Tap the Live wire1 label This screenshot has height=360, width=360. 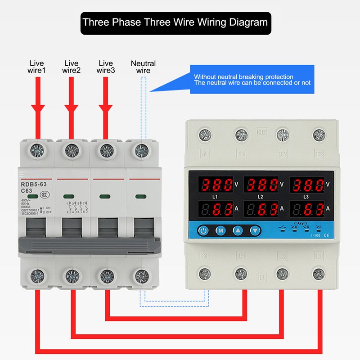click(x=37, y=67)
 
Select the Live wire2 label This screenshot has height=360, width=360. click(x=72, y=67)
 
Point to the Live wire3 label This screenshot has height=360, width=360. click(x=106, y=67)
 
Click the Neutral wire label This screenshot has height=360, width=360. click(x=143, y=67)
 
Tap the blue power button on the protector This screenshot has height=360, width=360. click(x=204, y=231)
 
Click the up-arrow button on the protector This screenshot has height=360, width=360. click(x=238, y=231)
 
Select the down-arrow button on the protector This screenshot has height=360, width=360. click(x=255, y=231)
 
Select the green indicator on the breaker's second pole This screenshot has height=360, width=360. click(x=69, y=196)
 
